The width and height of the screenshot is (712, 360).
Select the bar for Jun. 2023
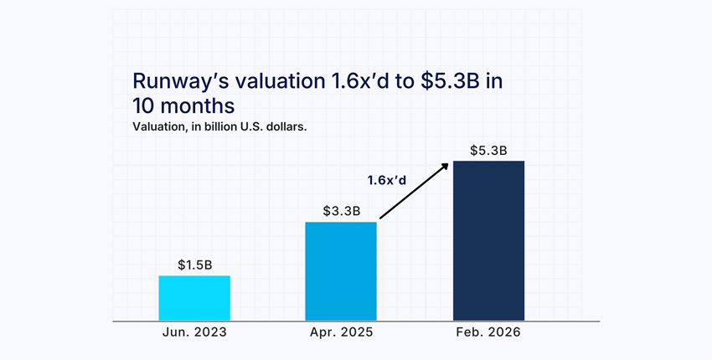(x=194, y=298)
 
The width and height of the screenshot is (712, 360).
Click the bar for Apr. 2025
(x=341, y=270)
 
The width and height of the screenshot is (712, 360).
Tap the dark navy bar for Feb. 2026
(x=488, y=240)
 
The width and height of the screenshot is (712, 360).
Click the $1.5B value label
(x=194, y=265)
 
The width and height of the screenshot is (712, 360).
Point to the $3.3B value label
(x=342, y=211)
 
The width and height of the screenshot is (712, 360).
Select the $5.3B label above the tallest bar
(x=488, y=151)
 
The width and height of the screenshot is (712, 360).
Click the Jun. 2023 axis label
(x=194, y=332)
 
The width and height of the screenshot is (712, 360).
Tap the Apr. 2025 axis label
(x=341, y=332)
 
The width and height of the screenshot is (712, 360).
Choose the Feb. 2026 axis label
(x=488, y=332)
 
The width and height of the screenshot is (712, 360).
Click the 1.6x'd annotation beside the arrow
(x=387, y=179)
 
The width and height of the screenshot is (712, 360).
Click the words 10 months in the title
(x=183, y=106)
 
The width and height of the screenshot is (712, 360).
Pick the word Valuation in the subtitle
(x=159, y=127)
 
